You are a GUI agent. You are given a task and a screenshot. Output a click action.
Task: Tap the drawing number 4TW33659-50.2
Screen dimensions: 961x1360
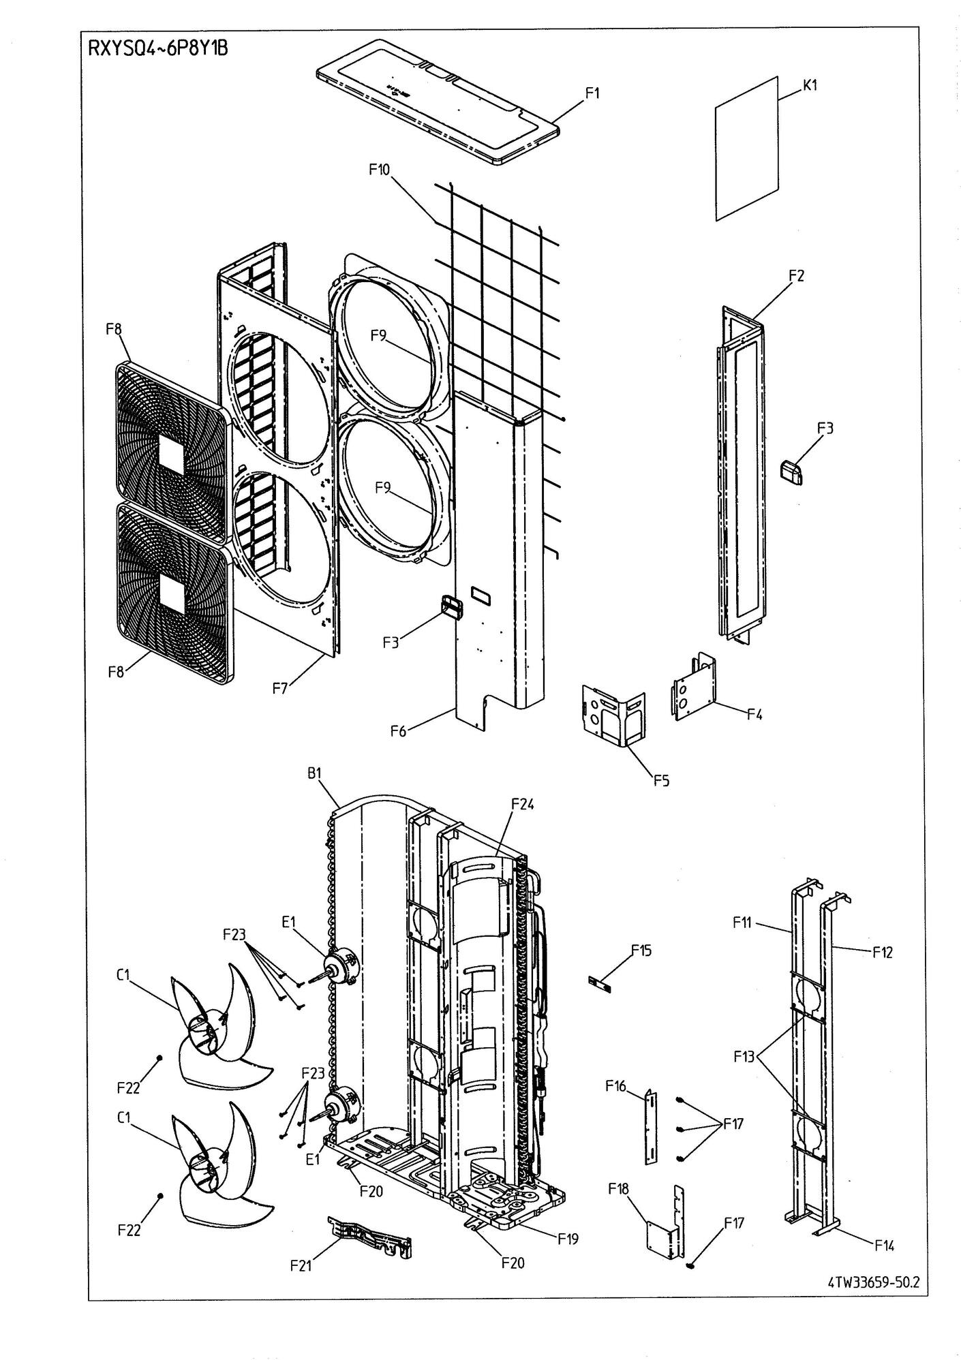tap(874, 1280)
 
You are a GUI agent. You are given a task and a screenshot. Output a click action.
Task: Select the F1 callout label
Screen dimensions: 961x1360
tap(593, 93)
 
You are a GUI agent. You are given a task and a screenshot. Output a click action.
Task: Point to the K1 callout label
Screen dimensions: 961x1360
tap(810, 85)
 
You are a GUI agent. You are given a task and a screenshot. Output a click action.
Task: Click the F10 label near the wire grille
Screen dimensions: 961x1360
tap(380, 170)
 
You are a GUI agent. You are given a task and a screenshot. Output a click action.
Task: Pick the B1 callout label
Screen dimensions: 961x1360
tap(314, 773)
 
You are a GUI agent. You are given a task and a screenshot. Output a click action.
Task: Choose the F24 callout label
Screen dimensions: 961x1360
tap(523, 805)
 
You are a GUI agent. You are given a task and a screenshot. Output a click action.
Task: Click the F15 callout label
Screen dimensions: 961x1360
tap(641, 950)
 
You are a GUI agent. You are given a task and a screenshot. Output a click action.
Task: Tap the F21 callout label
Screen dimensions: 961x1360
tap(301, 1265)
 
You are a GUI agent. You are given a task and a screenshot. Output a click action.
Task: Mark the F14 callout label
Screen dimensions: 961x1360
tap(885, 1246)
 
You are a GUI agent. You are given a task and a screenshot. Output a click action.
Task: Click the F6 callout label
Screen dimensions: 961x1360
tap(399, 731)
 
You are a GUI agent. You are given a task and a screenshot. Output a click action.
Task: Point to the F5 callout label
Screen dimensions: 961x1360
tap(661, 780)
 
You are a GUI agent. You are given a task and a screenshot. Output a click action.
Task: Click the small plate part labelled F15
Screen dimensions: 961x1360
tap(600, 983)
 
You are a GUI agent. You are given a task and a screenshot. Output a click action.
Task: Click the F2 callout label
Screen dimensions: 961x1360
tap(796, 276)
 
